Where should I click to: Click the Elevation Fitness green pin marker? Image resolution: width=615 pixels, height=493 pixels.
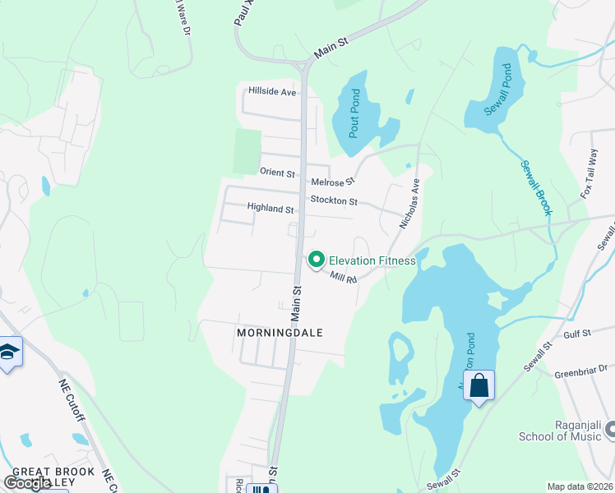[x=316, y=260]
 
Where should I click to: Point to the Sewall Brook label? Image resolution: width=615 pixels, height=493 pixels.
[x=535, y=188]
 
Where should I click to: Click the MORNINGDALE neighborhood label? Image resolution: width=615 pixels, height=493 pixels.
[x=280, y=333]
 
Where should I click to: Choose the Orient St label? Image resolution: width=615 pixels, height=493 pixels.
[x=277, y=173]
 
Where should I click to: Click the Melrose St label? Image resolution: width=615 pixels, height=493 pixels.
[x=333, y=182]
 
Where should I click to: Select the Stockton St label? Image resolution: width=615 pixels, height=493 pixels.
[x=334, y=200]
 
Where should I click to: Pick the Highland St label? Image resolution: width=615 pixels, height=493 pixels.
[x=271, y=210]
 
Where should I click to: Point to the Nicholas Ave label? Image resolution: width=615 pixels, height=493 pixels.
[x=409, y=204]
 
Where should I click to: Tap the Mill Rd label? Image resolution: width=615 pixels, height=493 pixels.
[x=344, y=279]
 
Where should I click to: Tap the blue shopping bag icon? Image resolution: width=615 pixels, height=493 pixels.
[x=479, y=385]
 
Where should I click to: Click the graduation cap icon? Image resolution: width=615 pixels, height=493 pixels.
[x=9, y=352]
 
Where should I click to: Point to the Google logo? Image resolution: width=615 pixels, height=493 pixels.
[x=28, y=482]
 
